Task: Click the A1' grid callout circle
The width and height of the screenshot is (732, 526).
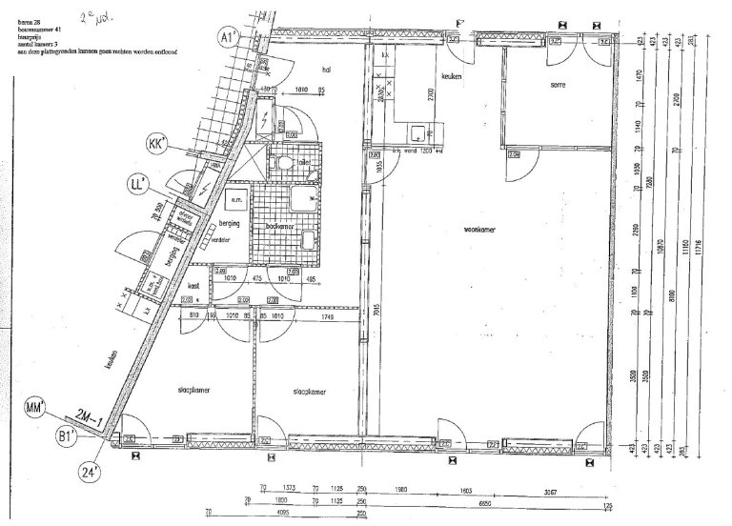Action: (x=228, y=37)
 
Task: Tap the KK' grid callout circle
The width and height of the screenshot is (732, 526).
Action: (x=155, y=144)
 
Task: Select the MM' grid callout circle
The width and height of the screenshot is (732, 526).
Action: (x=34, y=411)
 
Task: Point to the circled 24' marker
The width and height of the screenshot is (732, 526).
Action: (x=90, y=468)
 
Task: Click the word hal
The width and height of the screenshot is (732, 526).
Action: (x=325, y=70)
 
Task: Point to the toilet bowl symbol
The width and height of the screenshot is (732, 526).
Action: (x=280, y=164)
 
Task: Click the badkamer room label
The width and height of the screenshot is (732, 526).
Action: (x=278, y=227)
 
